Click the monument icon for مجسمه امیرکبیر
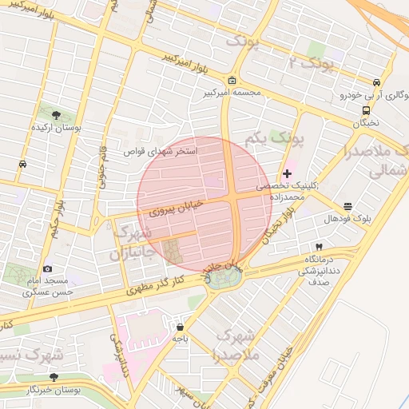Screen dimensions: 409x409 tap(232, 81)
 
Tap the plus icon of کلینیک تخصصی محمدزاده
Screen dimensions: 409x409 tap(287, 173)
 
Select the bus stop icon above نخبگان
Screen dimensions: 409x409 tap(366, 111)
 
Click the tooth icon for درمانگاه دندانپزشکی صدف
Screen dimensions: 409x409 tap(320, 247)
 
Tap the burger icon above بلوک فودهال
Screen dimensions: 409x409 tap(347, 205)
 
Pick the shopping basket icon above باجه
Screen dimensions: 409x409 tap(180, 326)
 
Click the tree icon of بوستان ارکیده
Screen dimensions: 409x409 tap(54, 116)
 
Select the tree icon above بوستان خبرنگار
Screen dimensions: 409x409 tap(54, 376)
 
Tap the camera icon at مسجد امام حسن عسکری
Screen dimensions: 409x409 tap(48, 269)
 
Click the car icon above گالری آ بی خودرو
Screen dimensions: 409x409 tap(375, 82)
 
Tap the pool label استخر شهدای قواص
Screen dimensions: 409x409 tap(160, 150)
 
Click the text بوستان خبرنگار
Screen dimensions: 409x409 tap(54, 389)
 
